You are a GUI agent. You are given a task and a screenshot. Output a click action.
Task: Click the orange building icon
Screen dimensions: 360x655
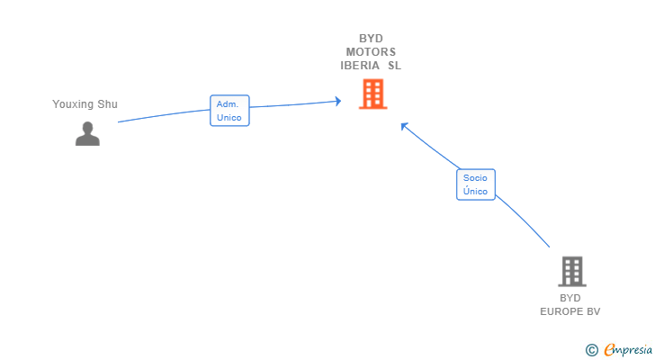click(372, 94)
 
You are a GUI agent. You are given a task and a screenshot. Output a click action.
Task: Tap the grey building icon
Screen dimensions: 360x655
click(571, 271)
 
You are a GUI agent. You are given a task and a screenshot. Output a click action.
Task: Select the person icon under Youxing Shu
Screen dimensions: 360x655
click(87, 133)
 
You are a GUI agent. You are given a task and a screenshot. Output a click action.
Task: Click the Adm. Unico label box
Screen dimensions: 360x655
click(229, 111)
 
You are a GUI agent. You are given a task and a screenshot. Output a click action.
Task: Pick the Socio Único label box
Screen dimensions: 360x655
click(475, 184)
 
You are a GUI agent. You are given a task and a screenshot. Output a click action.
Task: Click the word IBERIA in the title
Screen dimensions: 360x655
click(359, 65)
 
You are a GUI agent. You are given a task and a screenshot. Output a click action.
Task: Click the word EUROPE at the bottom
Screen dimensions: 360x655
click(561, 311)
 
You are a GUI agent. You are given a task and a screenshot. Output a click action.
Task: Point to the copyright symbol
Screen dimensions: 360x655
click(591, 349)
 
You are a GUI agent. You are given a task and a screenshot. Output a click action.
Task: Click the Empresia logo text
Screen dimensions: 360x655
click(627, 348)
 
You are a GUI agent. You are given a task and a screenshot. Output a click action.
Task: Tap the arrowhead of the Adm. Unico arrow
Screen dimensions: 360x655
click(338, 101)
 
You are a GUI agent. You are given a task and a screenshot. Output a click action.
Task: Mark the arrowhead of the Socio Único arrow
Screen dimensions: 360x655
click(404, 126)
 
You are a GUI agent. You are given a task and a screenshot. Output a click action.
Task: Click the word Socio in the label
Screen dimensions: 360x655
click(475, 178)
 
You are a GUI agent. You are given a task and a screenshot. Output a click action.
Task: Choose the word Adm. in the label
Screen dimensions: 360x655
click(229, 104)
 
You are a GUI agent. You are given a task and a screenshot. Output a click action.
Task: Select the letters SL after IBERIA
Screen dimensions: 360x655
click(394, 65)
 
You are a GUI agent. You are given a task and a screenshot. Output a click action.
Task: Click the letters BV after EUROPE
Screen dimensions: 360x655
click(593, 311)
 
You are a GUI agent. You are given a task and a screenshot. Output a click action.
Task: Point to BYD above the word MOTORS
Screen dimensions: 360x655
click(371, 39)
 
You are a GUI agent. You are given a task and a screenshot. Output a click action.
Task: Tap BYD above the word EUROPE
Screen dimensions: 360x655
click(570, 298)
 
